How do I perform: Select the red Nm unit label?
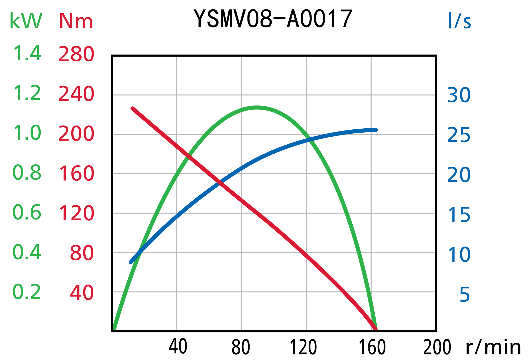(x=76, y=21)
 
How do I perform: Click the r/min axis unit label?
(x=493, y=347)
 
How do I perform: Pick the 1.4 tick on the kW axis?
(x=27, y=53)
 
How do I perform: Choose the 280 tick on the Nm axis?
(x=76, y=54)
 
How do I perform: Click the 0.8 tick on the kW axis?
(x=27, y=173)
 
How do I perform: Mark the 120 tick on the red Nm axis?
(x=76, y=213)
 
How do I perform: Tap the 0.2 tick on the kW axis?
(x=27, y=292)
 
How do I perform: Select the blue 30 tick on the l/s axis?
(x=459, y=95)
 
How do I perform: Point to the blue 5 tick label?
(x=465, y=294)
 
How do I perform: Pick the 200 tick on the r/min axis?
(x=437, y=347)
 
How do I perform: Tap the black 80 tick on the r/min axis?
(x=241, y=347)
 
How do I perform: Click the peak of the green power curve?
(x=257, y=108)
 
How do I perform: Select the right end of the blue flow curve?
(x=376, y=130)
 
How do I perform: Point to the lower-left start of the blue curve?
(x=131, y=262)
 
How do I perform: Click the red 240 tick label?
(x=76, y=94)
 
